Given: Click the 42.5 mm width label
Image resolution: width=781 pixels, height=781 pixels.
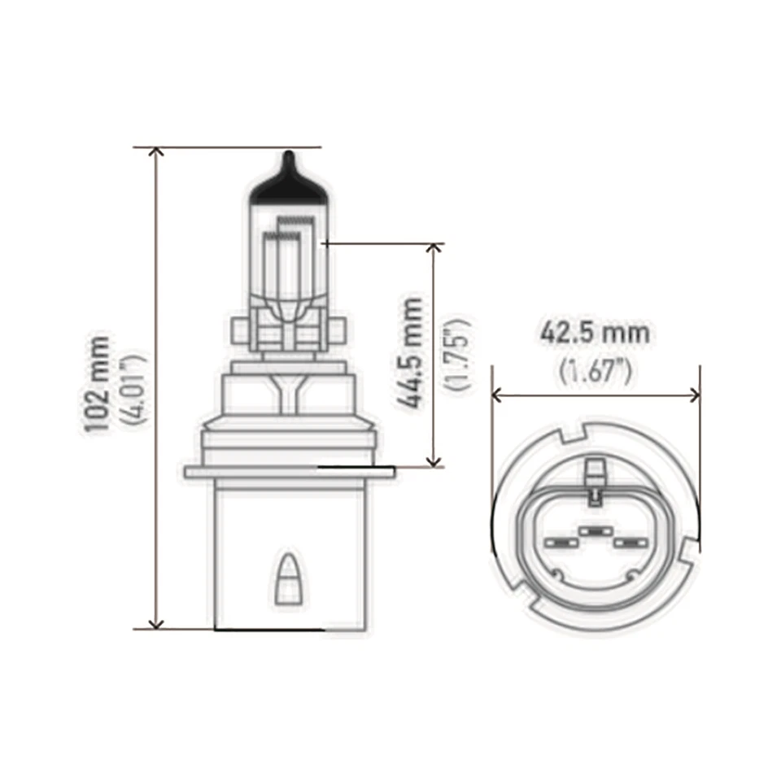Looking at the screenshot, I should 595,333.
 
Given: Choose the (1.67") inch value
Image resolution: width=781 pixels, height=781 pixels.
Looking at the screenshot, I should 595,371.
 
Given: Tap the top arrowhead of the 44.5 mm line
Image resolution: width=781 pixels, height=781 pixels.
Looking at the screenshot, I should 434,248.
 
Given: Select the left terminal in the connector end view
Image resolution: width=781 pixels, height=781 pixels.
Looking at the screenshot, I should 559,542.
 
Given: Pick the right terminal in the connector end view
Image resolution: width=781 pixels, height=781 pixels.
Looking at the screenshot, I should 630,542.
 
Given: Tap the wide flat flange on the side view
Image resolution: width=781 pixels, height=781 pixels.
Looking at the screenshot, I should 289,472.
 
